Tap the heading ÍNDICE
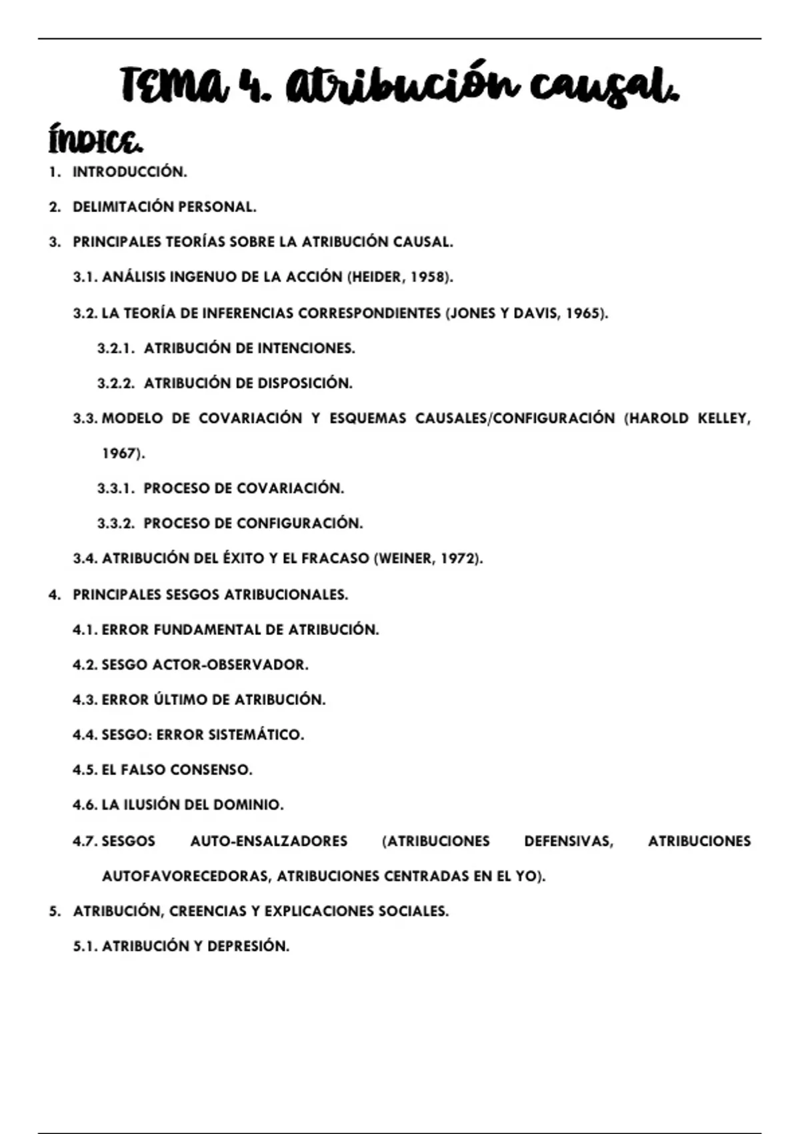[x=95, y=141]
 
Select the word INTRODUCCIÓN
[x=129, y=172]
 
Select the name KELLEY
[x=723, y=418]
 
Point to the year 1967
[x=120, y=454]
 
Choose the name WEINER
[x=403, y=558]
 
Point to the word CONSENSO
[x=211, y=770]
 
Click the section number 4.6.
[x=85, y=805]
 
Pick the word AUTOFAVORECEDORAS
[x=186, y=877]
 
